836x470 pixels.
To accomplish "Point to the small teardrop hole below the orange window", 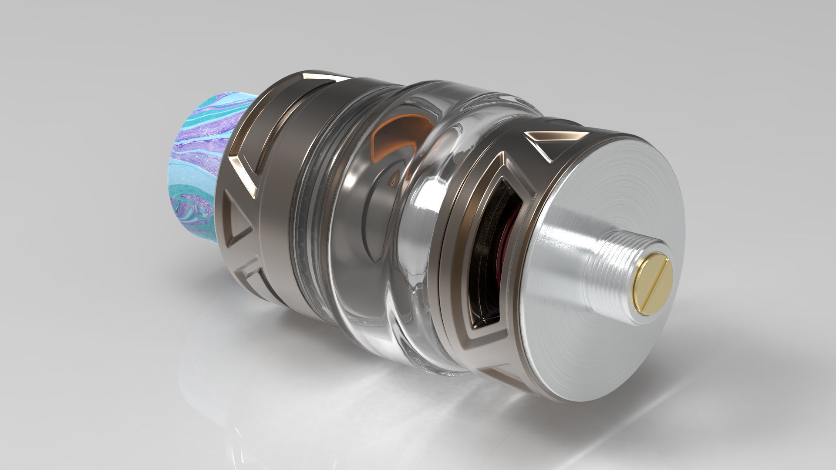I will [394, 179].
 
